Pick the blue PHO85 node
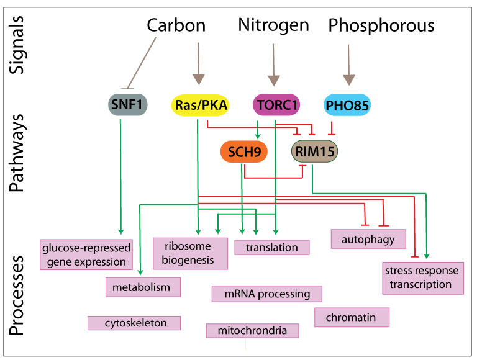(347, 106)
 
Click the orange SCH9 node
(245, 151)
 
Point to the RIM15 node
(317, 151)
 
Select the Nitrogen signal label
(273, 25)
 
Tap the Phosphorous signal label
(381, 25)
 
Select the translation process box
(272, 247)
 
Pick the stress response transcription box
(422, 277)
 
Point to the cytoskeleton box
(135, 323)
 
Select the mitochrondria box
(253, 330)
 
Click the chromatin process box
(353, 317)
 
